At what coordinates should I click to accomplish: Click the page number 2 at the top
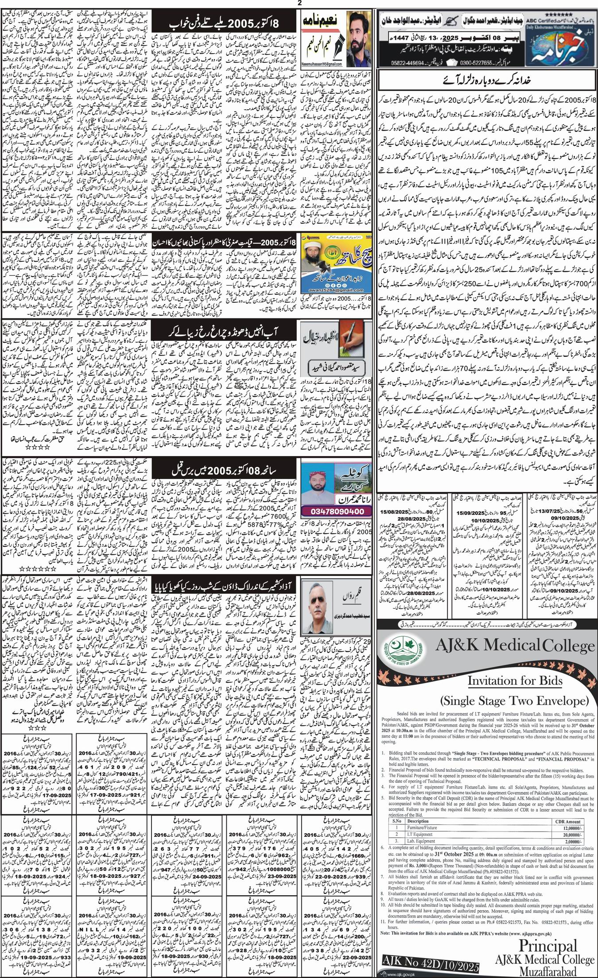299,4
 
